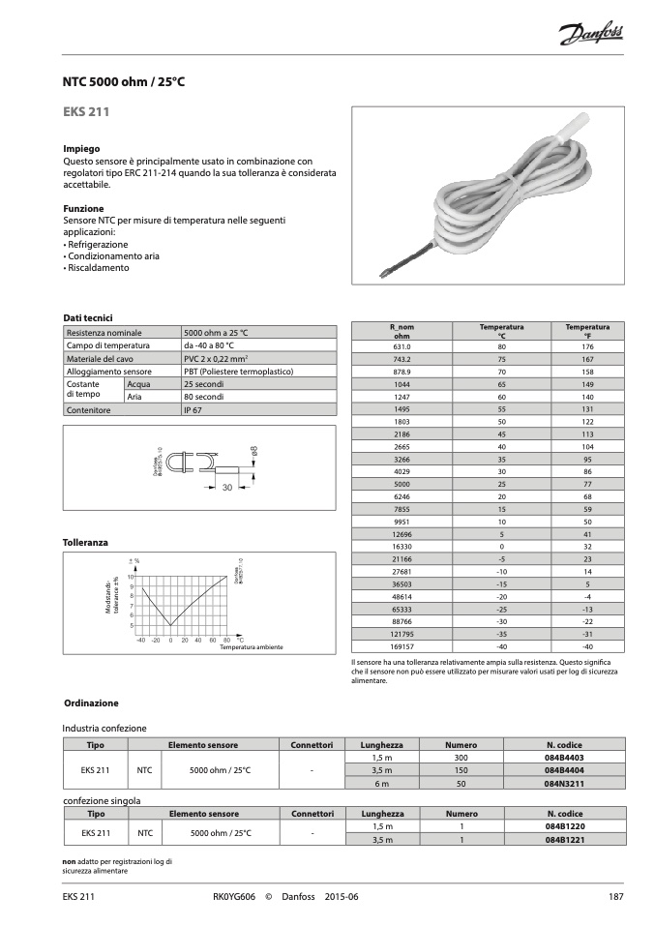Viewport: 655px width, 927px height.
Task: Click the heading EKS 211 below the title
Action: (x=85, y=113)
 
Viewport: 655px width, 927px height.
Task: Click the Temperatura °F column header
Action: (x=587, y=332)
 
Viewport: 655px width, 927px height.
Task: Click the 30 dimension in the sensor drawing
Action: (x=228, y=487)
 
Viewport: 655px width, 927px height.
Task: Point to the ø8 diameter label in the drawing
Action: (x=253, y=451)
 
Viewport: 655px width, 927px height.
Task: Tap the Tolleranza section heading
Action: (x=85, y=543)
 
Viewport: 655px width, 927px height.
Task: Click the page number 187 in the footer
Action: (x=613, y=897)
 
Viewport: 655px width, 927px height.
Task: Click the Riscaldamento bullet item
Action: (x=97, y=268)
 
